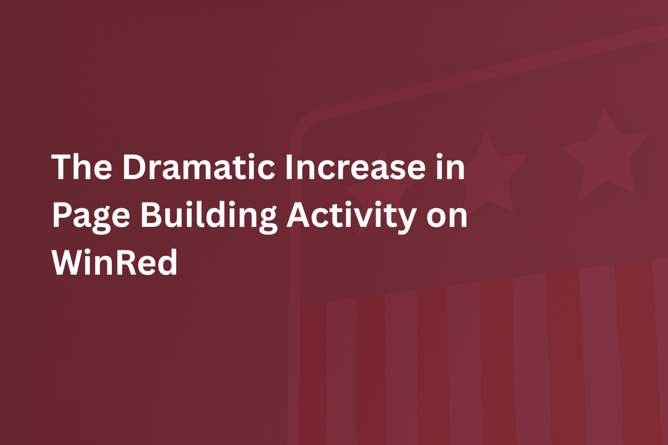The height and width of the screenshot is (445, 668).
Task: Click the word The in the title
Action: pyautogui.click(x=82, y=167)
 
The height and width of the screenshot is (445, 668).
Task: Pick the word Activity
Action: pyautogui.click(x=351, y=216)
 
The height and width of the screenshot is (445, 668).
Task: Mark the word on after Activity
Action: pyautogui.click(x=447, y=216)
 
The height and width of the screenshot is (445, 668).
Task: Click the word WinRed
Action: pyautogui.click(x=115, y=262)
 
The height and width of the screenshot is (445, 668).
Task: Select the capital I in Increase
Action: pyautogui.click(x=289, y=167)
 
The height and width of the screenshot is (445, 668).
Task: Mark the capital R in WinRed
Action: pyautogui.click(x=127, y=262)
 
